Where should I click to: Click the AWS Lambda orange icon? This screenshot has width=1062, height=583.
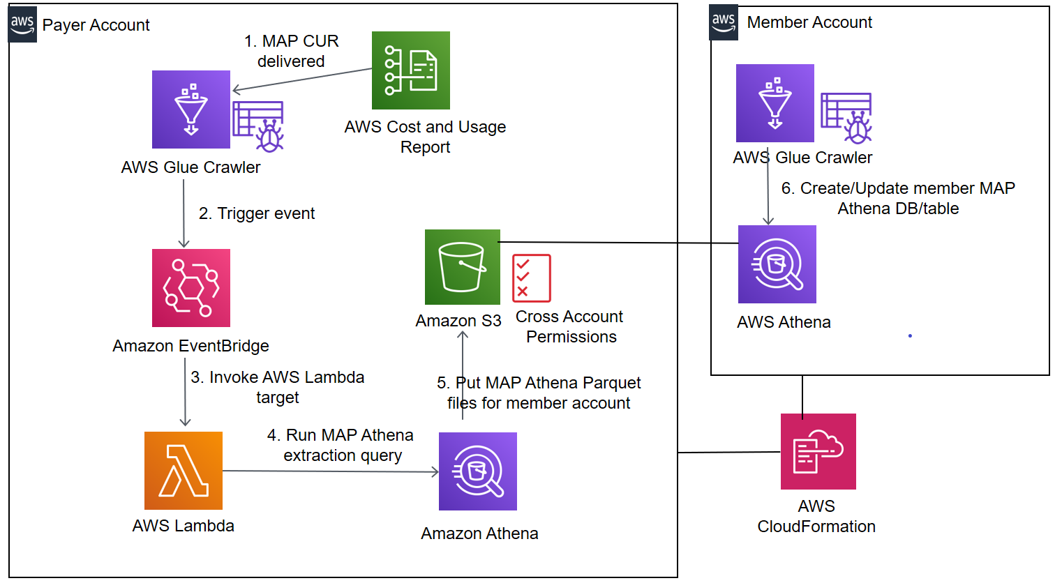pos(184,471)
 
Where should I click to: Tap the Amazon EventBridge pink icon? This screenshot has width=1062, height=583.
pos(191,288)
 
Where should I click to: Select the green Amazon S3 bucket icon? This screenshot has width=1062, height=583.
pos(463,267)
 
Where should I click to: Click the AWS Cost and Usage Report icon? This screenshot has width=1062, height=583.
pos(411,70)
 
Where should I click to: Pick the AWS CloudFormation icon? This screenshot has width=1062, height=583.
pos(818,451)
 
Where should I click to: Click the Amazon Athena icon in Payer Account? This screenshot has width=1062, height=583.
pos(478,471)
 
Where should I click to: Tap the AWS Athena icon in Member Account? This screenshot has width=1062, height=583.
pos(777,264)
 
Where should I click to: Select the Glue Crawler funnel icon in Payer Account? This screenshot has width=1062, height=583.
pos(191,109)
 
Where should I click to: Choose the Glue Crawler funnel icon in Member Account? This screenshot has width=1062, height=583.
pos(775,103)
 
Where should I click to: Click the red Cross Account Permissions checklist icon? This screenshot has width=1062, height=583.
pos(532,278)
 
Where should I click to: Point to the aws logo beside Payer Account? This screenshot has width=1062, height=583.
pos(22,25)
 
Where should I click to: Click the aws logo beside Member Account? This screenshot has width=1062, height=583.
pos(724,22)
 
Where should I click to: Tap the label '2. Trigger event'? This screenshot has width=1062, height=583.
pos(257,213)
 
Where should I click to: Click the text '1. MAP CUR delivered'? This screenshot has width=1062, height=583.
pos(292,51)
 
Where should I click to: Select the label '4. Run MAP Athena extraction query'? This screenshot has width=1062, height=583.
pos(341,445)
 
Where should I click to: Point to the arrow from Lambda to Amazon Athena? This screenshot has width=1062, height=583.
pos(328,471)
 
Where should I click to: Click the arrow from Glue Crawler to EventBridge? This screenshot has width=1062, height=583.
pos(184,213)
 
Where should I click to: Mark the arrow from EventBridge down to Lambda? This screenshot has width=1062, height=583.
pos(185,391)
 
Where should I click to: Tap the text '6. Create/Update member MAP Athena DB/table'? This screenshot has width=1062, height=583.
pos(898,198)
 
